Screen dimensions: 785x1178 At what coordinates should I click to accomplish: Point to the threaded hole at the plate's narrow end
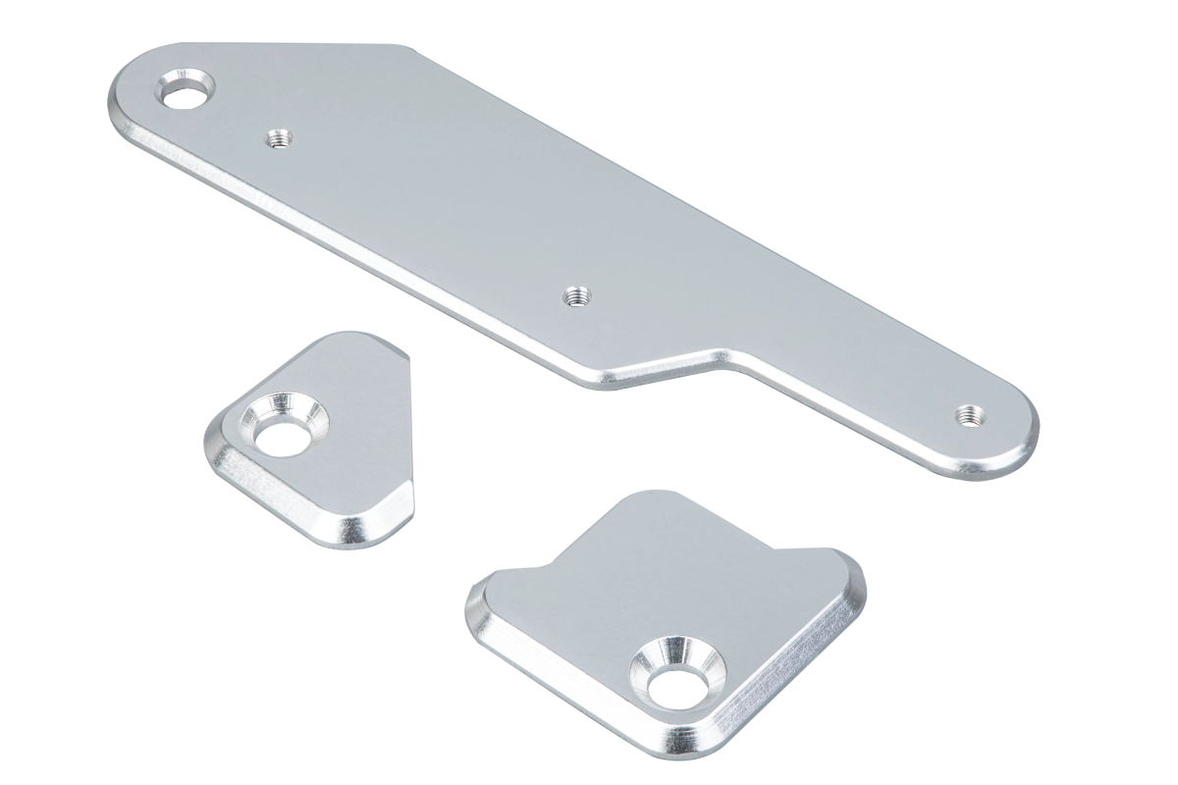click(x=971, y=415)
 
